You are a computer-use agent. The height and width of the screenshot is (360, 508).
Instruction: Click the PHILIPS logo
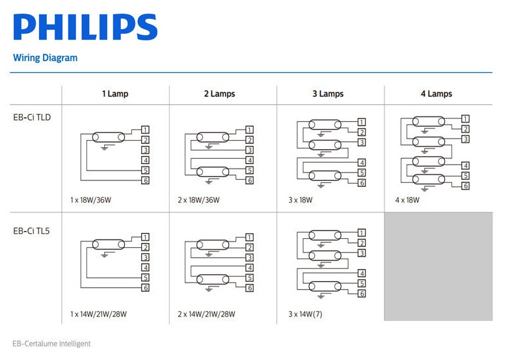85,27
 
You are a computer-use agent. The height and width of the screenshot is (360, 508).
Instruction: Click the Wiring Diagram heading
45,58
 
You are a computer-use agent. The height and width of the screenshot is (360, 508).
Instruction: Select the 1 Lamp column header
115,94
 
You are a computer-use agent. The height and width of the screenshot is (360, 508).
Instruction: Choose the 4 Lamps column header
436,94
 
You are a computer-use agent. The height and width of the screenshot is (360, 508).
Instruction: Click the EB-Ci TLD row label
32,118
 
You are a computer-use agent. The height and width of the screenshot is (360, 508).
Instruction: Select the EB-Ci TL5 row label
32,230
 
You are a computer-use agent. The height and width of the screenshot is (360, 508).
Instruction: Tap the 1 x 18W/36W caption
91,200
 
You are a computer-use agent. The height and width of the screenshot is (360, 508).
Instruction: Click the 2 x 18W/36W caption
198,200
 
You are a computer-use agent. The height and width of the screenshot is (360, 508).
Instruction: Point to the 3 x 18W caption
301,200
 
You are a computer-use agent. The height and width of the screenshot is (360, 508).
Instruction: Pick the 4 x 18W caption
407,200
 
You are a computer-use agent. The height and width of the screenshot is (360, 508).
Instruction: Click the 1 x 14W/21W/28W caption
98,314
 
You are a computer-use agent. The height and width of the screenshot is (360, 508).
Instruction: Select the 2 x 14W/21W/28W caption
206,314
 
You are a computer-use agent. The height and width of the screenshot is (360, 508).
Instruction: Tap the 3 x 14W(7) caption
305,314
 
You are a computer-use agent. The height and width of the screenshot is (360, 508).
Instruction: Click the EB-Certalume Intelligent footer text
51,344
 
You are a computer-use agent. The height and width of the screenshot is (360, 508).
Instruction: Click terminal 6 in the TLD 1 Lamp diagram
146,180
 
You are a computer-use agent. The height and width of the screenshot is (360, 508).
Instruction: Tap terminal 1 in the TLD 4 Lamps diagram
466,118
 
